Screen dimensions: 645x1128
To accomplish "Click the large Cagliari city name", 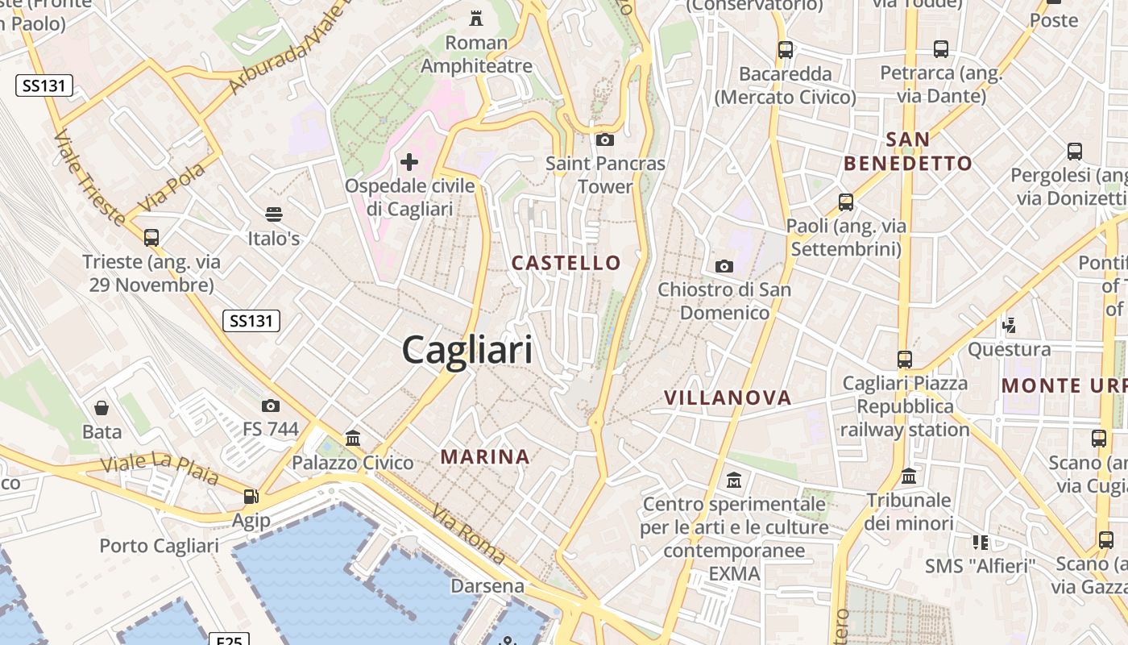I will point(467,351).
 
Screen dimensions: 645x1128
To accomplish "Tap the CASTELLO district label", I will point(566,263).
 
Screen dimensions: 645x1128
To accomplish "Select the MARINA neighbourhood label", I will point(485,457).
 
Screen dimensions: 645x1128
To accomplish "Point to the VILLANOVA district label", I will point(728,397).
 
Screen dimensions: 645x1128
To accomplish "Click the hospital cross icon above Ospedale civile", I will point(409,162).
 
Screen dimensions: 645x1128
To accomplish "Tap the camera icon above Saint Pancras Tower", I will point(605,139).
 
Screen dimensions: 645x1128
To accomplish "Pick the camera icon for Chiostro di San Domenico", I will point(724,266).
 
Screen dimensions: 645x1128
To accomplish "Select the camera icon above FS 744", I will point(271,406).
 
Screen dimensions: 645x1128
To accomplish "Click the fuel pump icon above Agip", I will point(251,497).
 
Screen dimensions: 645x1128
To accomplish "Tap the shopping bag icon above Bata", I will point(102,408).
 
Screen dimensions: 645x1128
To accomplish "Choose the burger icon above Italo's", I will point(274,214).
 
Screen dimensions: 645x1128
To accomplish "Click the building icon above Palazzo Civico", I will point(353,439).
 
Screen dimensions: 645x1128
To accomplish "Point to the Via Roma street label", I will point(468,535).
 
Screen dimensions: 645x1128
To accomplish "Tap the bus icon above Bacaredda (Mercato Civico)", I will point(786,50).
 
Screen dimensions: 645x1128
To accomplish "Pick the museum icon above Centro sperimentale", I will point(734,481).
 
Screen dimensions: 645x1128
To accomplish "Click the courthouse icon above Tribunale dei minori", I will point(909,476).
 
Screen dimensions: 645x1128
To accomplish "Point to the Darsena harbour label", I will point(487,585).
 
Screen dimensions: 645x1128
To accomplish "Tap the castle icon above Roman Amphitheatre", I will point(476,18).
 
